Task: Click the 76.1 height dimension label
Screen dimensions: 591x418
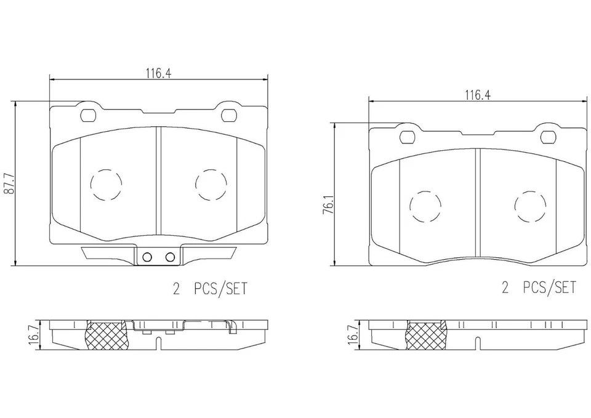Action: coord(328,204)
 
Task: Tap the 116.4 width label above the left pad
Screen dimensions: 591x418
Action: coord(159,73)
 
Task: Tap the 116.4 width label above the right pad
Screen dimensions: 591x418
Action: coord(477,95)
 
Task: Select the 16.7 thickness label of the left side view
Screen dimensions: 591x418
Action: coord(33,333)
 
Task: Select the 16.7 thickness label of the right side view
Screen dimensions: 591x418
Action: coord(353,333)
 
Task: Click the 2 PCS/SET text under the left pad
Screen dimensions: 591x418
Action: coord(209,289)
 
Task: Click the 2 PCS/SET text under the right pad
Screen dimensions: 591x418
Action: coord(539,288)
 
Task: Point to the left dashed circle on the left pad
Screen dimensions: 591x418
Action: coord(91,184)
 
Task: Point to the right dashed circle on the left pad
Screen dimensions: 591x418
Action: coord(196,184)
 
